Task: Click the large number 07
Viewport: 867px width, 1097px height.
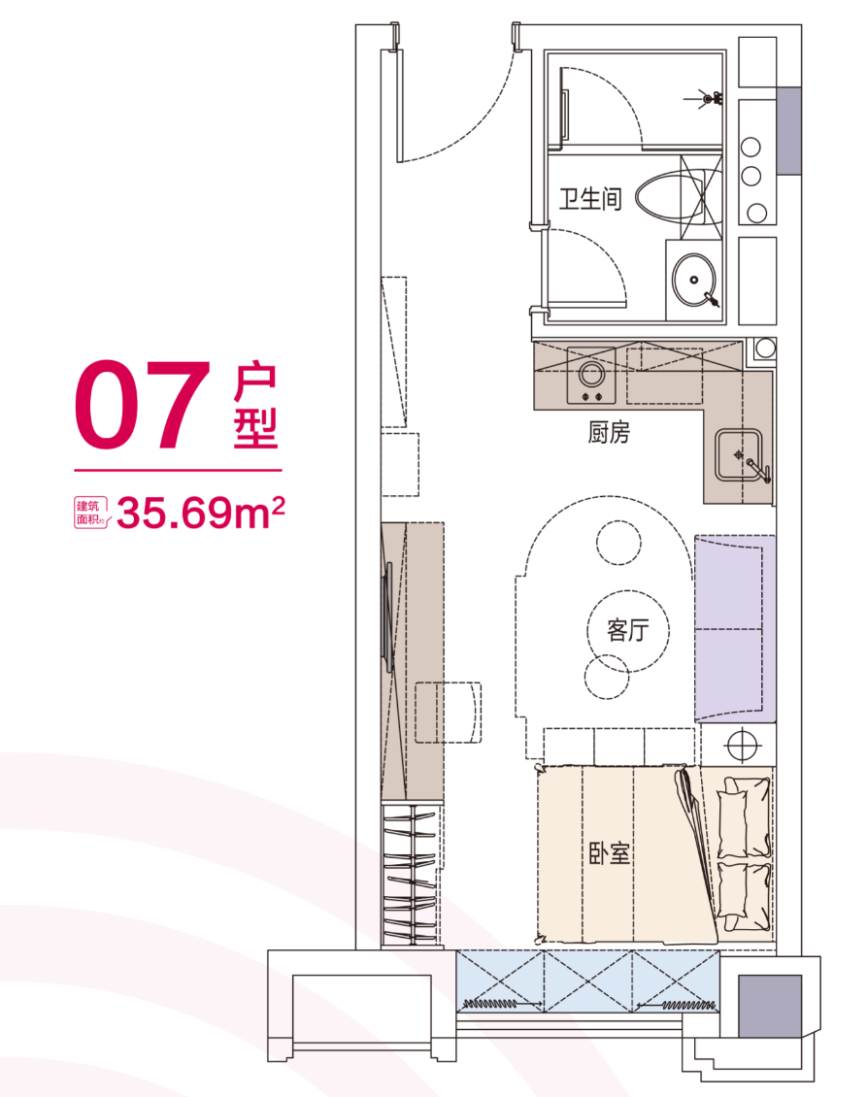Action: point(144,405)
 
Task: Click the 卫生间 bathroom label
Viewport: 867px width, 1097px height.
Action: point(589,200)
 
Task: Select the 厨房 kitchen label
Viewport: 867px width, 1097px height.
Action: point(609,433)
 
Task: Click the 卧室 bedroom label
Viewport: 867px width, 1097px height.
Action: point(610,854)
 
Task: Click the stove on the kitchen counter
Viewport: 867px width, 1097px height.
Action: point(591,382)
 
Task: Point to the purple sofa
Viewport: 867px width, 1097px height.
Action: point(735,628)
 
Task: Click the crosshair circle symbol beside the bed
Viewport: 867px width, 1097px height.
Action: point(741,742)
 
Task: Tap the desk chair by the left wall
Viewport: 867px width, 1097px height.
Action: point(449,712)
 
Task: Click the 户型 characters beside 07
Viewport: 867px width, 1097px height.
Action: point(255,409)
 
